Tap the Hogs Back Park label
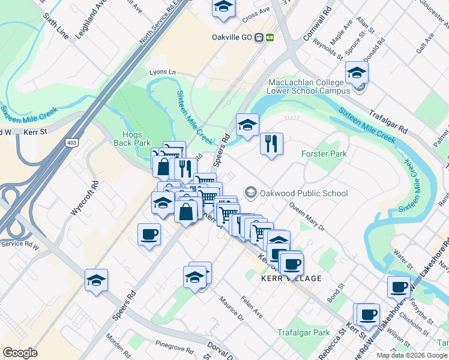click(132, 139)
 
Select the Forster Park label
click(324, 154)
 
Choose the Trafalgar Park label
click(304, 332)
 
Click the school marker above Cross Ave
click(223, 8)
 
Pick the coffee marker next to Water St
click(399, 287)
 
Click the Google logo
click(20, 353)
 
